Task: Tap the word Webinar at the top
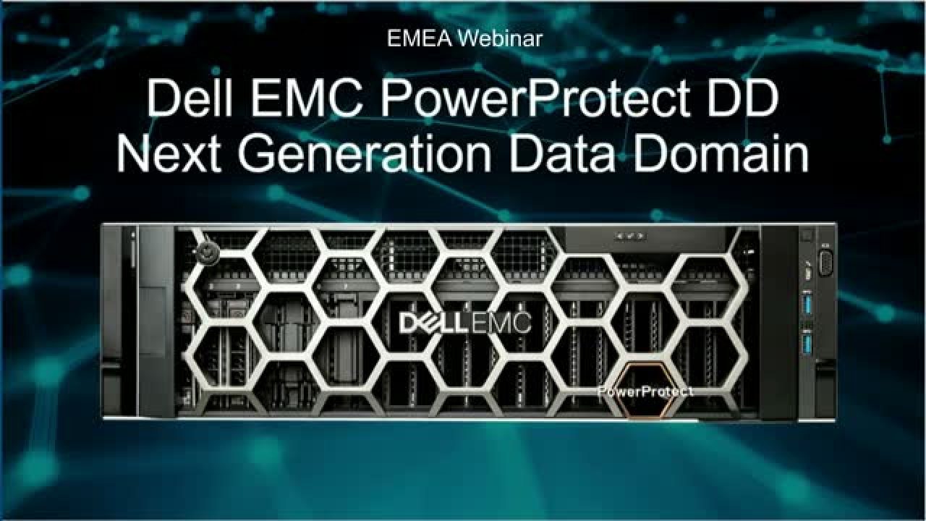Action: (500, 39)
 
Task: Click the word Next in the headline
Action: (169, 152)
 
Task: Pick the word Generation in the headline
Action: (365, 152)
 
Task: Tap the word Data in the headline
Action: (562, 152)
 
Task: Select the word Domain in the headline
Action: (721, 152)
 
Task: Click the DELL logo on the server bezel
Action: (434, 323)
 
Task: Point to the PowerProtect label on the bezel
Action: (645, 391)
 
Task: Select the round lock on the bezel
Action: (208, 253)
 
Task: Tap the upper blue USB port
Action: (806, 303)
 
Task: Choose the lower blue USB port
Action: (806, 344)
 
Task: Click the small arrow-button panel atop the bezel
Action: (629, 237)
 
